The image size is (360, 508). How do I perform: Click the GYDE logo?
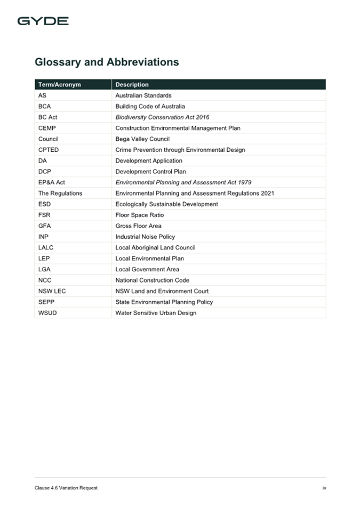pos(43,21)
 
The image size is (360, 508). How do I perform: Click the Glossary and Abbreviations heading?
pos(107,62)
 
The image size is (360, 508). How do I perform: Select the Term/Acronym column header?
pos(59,85)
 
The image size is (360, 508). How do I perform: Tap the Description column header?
pos(132,85)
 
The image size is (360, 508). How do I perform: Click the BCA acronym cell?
pos(44,106)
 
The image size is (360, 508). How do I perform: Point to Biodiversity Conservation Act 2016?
pos(162,117)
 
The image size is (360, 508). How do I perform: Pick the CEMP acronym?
pos(47,128)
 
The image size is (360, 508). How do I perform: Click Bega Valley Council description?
pos(142,139)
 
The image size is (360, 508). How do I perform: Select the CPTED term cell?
pos(49,150)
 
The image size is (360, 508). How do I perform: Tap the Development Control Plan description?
pos(150,172)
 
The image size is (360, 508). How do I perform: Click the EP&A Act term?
pos(52,182)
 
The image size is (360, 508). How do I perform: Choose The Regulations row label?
pos(60,193)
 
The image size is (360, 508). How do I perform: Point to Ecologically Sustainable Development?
pos(166,204)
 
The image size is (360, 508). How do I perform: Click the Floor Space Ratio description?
pos(139,215)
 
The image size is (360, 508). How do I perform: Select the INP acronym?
pos(43,237)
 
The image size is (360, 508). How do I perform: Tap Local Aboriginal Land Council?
pos(155,248)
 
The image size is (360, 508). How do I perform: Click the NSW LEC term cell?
pos(52,291)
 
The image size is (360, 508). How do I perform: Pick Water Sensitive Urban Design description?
pos(156,313)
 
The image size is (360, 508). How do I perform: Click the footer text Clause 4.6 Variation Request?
pos(66,488)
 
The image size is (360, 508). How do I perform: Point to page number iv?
pos(324,488)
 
